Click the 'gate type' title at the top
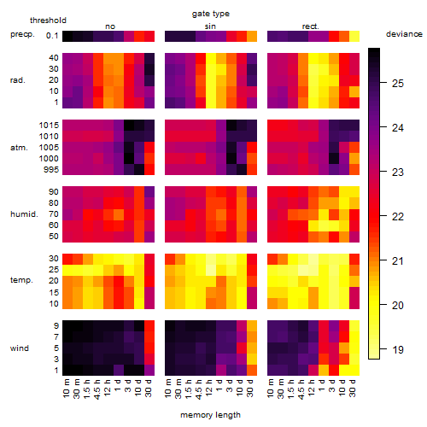[x=211, y=15]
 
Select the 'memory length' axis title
[x=210, y=415]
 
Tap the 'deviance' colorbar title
[x=404, y=34]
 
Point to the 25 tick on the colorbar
[x=383, y=83]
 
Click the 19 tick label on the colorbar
[x=398, y=349]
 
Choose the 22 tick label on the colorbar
[x=398, y=217]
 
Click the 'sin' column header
[x=210, y=26]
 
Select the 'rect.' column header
[x=310, y=26]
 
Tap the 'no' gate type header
[x=110, y=26]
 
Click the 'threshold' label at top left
[x=48, y=20]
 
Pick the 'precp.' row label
[x=22, y=34]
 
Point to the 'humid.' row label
[x=24, y=213]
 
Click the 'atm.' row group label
[x=19, y=148]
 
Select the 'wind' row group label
[x=20, y=348]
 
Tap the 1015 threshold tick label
[x=49, y=126]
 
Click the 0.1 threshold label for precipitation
[x=52, y=36]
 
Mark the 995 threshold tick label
[x=51, y=170]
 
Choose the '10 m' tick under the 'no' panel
[x=67, y=389]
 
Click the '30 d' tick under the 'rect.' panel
[x=353, y=389]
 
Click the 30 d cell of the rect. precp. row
[x=354, y=36]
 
